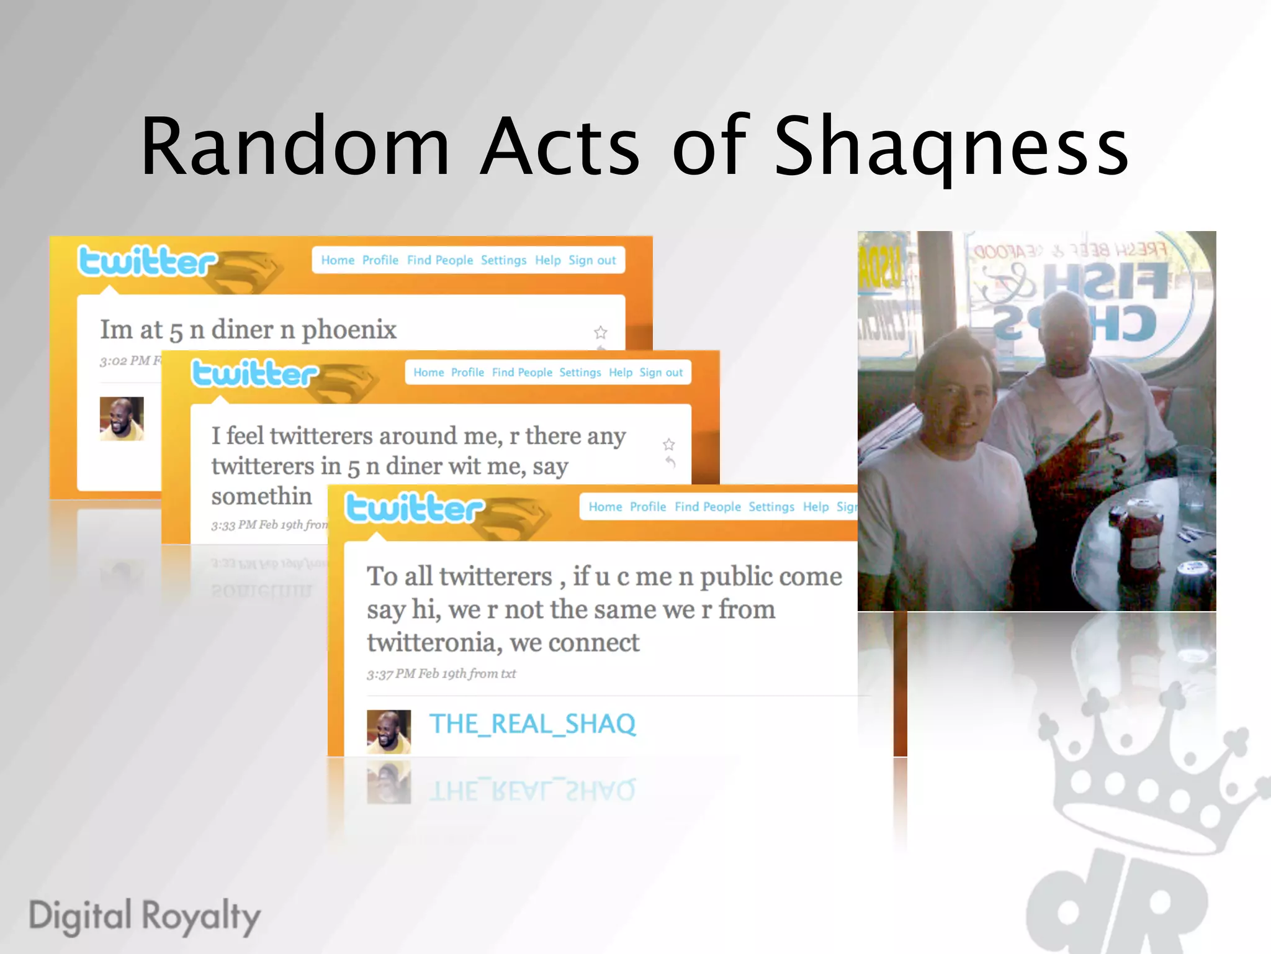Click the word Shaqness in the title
coord(951,147)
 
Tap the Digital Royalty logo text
coord(145,916)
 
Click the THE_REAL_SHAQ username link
coord(532,724)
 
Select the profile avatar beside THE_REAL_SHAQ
coord(388,731)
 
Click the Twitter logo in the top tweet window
coord(147,261)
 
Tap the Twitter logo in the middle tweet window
coord(254,374)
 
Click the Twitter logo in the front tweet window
coord(414,509)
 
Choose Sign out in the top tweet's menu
coord(592,260)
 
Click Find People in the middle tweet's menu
coord(522,373)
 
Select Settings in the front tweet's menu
coord(771,507)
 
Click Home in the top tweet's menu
coord(338,260)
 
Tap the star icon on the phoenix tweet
coord(600,332)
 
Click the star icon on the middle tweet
coord(668,444)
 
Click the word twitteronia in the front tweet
coord(433,642)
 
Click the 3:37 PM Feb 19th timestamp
coord(441,674)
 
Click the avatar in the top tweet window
coord(122,419)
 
